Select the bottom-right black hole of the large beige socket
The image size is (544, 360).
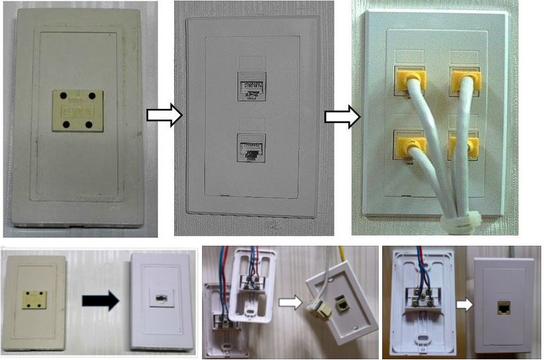91,125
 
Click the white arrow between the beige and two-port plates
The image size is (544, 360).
165,116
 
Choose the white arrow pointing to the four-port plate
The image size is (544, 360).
342,116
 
